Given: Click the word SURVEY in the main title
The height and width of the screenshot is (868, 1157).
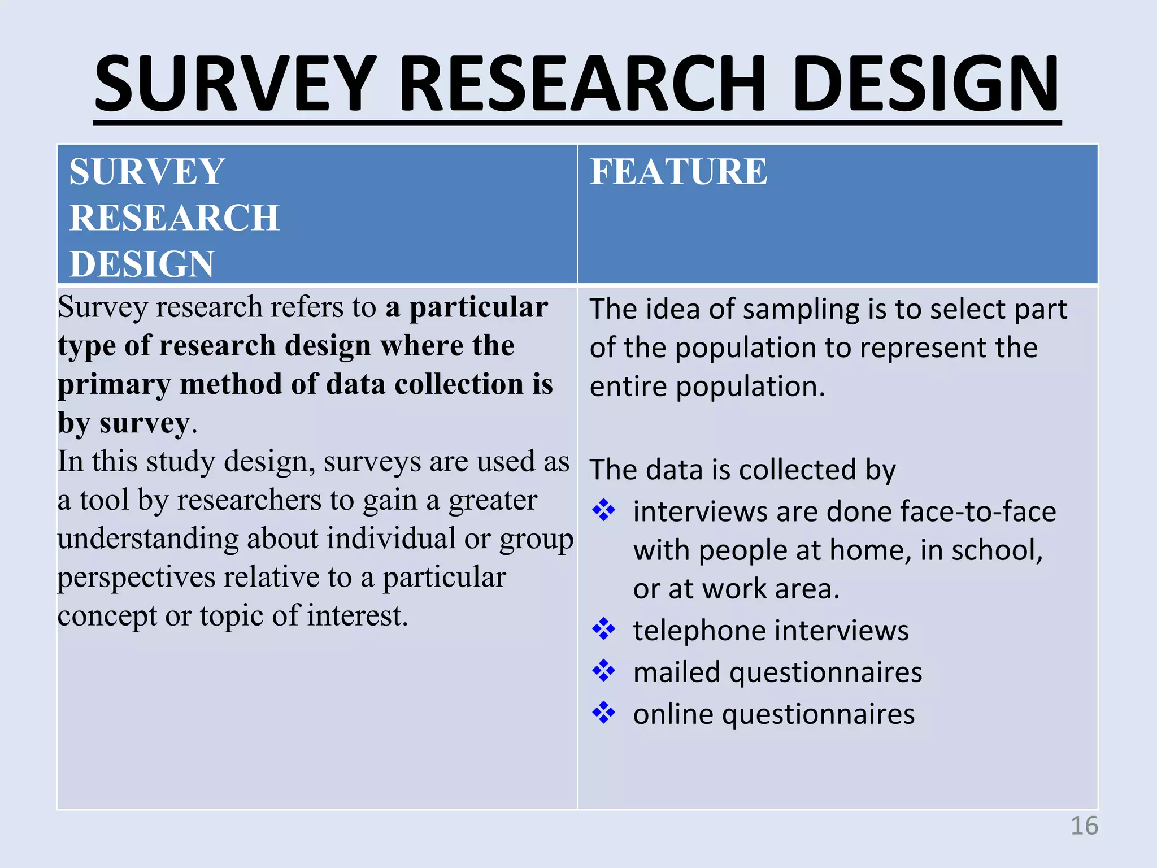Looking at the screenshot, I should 234,84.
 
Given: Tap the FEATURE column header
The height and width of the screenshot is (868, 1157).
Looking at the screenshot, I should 678,171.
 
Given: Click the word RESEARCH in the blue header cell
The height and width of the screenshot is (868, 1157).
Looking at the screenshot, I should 174,218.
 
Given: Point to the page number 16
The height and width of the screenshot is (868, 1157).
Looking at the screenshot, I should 1084,826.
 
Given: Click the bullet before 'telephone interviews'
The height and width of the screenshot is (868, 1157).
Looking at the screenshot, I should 604,630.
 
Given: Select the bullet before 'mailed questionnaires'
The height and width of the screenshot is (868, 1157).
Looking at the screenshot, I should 604,671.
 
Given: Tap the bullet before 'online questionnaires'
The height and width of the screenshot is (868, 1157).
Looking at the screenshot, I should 604,713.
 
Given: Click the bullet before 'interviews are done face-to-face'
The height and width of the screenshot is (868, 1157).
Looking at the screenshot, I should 604,510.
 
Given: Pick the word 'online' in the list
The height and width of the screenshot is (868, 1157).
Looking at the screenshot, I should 673,714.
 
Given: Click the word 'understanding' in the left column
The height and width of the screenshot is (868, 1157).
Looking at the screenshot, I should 148,539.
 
